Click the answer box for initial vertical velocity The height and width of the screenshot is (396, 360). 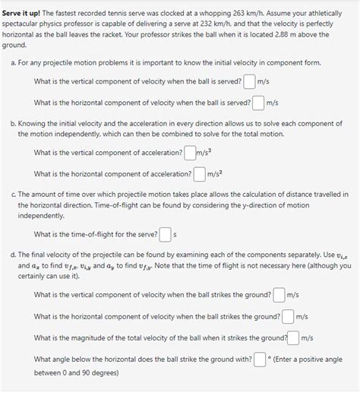tap(249, 81)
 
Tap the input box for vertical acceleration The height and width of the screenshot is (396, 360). tap(188, 153)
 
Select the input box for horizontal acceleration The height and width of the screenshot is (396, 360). tap(199, 174)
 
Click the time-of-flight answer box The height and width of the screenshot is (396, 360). tap(166, 234)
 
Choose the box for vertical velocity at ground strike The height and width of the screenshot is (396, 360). tap(279, 295)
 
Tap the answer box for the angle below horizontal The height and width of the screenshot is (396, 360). tap(260, 359)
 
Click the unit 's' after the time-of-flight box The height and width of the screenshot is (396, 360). tap(175, 235)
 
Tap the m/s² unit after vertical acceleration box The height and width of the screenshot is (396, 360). tap(203, 153)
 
